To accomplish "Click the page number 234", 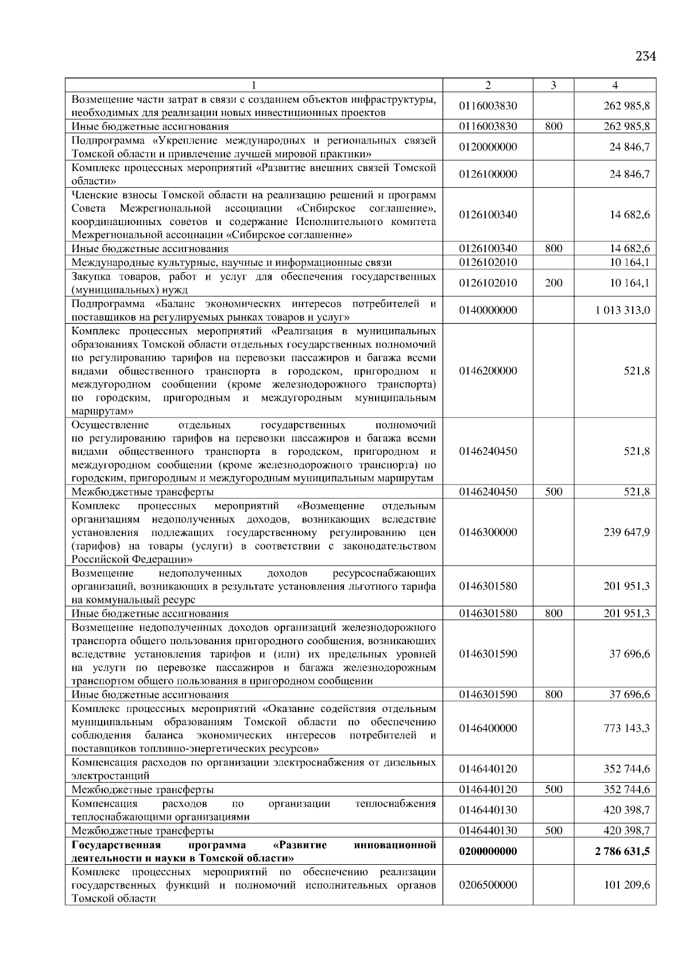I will click(x=645, y=56).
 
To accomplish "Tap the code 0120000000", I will click(x=487, y=147).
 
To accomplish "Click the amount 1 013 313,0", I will click(x=623, y=310).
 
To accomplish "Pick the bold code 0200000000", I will click(x=487, y=851).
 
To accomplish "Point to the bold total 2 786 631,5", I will click(x=622, y=851).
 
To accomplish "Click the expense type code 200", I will click(x=553, y=283).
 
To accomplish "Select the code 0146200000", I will click(x=487, y=371).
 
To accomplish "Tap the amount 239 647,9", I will click(x=626, y=532).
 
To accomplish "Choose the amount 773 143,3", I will click(x=626, y=728).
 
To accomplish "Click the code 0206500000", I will click(x=487, y=885).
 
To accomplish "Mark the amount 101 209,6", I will click(x=626, y=885).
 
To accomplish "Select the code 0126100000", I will click(x=487, y=174).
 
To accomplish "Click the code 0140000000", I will click(x=487, y=310).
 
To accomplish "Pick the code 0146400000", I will click(x=487, y=728).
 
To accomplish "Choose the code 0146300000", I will click(x=487, y=532).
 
